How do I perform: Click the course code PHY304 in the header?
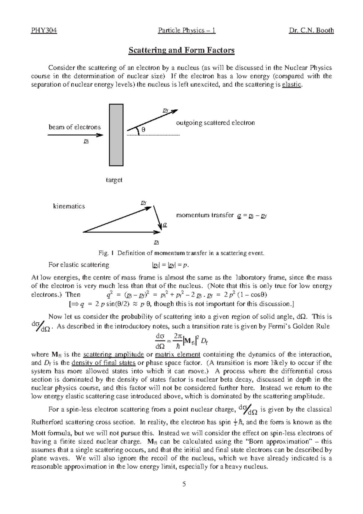pyautogui.click(x=44, y=30)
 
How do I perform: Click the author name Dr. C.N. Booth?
pyautogui.click(x=312, y=30)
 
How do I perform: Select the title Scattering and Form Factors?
pyautogui.click(x=181, y=50)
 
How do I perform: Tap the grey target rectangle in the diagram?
pyautogui.click(x=116, y=135)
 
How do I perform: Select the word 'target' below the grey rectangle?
pyautogui.click(x=114, y=180)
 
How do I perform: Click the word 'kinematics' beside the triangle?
pyautogui.click(x=69, y=206)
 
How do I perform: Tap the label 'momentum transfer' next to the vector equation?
pyautogui.click(x=205, y=215)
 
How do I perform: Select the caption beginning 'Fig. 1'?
pyautogui.click(x=181, y=253)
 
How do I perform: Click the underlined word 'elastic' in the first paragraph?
pyautogui.click(x=291, y=84)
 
